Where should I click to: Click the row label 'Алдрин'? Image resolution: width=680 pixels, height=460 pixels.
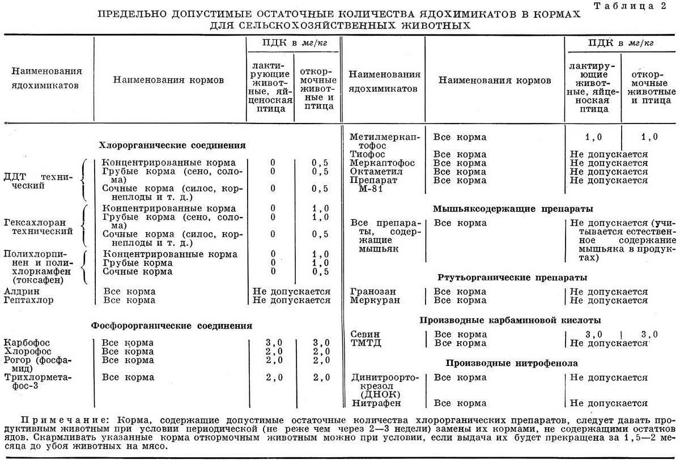coord(21,292)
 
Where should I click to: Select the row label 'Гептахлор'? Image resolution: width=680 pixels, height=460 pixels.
coord(28,300)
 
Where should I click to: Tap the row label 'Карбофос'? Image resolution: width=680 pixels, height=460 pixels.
coord(27,343)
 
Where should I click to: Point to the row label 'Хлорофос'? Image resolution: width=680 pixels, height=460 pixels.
coord(27,351)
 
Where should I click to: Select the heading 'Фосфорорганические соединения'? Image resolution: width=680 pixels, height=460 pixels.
coord(172,326)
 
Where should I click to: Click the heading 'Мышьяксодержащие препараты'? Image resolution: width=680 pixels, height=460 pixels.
coord(505,208)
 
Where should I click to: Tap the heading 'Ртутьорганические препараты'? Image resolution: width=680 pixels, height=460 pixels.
coord(512,278)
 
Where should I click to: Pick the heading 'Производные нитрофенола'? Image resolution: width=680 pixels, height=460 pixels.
coord(512,363)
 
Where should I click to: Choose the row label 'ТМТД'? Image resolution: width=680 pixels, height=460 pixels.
coord(365,343)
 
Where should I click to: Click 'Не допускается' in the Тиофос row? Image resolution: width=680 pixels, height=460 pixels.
coord(609,155)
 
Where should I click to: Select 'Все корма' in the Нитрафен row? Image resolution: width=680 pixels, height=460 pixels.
coord(460,403)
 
